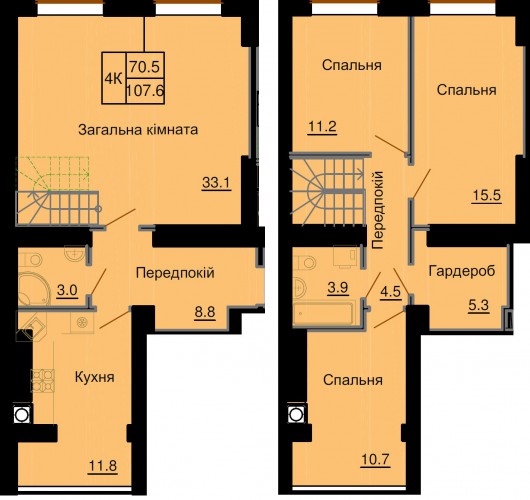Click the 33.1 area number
216,183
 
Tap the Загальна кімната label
138,129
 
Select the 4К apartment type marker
114,79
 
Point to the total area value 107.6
145,91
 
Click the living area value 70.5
145,67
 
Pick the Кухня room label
95,377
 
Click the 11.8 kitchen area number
102,466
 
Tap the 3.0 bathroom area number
67,290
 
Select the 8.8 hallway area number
205,312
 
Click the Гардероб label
462,271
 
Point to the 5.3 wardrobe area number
479,306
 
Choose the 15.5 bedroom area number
487,195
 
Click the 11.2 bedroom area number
322,127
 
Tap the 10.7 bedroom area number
376,459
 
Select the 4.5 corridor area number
391,291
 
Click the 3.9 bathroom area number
338,288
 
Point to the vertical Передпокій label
378,210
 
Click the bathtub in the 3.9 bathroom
324,313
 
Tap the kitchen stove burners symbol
43,380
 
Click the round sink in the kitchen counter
82,323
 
